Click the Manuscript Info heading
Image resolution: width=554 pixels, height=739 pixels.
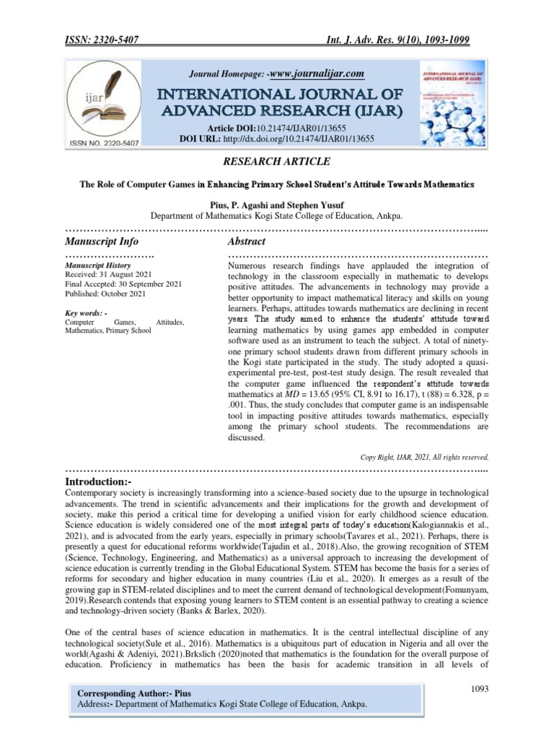click(x=102, y=241)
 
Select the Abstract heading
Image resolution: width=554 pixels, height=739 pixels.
click(x=247, y=241)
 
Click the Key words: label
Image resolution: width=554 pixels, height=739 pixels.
click(x=86, y=312)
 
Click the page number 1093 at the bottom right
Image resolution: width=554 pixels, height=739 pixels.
click(x=478, y=689)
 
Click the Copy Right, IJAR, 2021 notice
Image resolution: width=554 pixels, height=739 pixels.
click(x=424, y=456)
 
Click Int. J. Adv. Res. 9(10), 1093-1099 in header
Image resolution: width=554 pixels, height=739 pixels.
click(x=408, y=43)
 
